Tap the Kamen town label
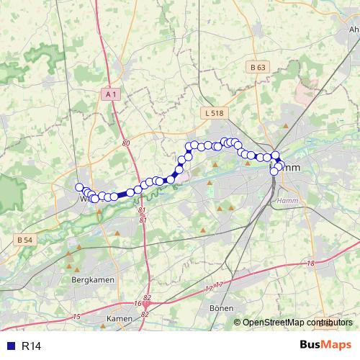pos(119,318)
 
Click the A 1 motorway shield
pos(110,94)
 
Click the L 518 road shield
pos(214,113)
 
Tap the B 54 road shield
pos(24,240)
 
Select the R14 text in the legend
pos(32,346)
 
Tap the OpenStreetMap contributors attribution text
pos(297,323)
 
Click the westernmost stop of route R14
pos(79,187)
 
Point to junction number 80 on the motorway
pos(127,143)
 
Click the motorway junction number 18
pos(310,264)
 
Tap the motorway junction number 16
pos(138,304)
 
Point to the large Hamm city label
pos(284,168)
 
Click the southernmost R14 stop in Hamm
pos(274,171)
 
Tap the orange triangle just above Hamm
pos(286,126)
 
